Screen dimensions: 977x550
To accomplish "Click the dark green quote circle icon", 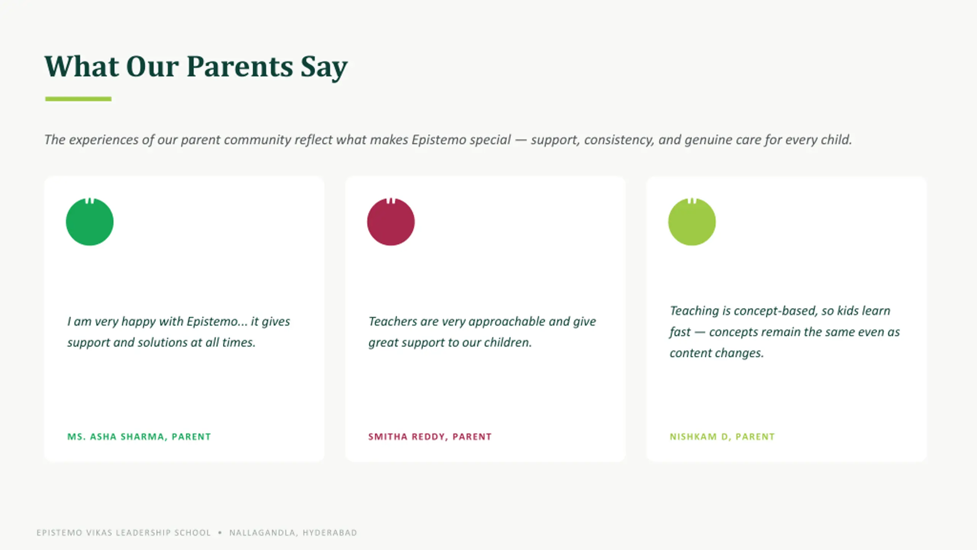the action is click(90, 222).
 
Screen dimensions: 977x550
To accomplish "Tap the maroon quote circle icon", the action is click(391, 222).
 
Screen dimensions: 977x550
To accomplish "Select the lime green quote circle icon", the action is click(692, 222).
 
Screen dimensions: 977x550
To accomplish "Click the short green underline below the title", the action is click(78, 99).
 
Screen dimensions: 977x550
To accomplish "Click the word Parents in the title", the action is click(240, 66).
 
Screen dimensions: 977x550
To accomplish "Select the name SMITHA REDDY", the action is click(406, 437).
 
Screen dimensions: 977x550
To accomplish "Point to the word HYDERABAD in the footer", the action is click(330, 533).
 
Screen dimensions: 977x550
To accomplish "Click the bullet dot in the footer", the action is click(220, 532).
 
